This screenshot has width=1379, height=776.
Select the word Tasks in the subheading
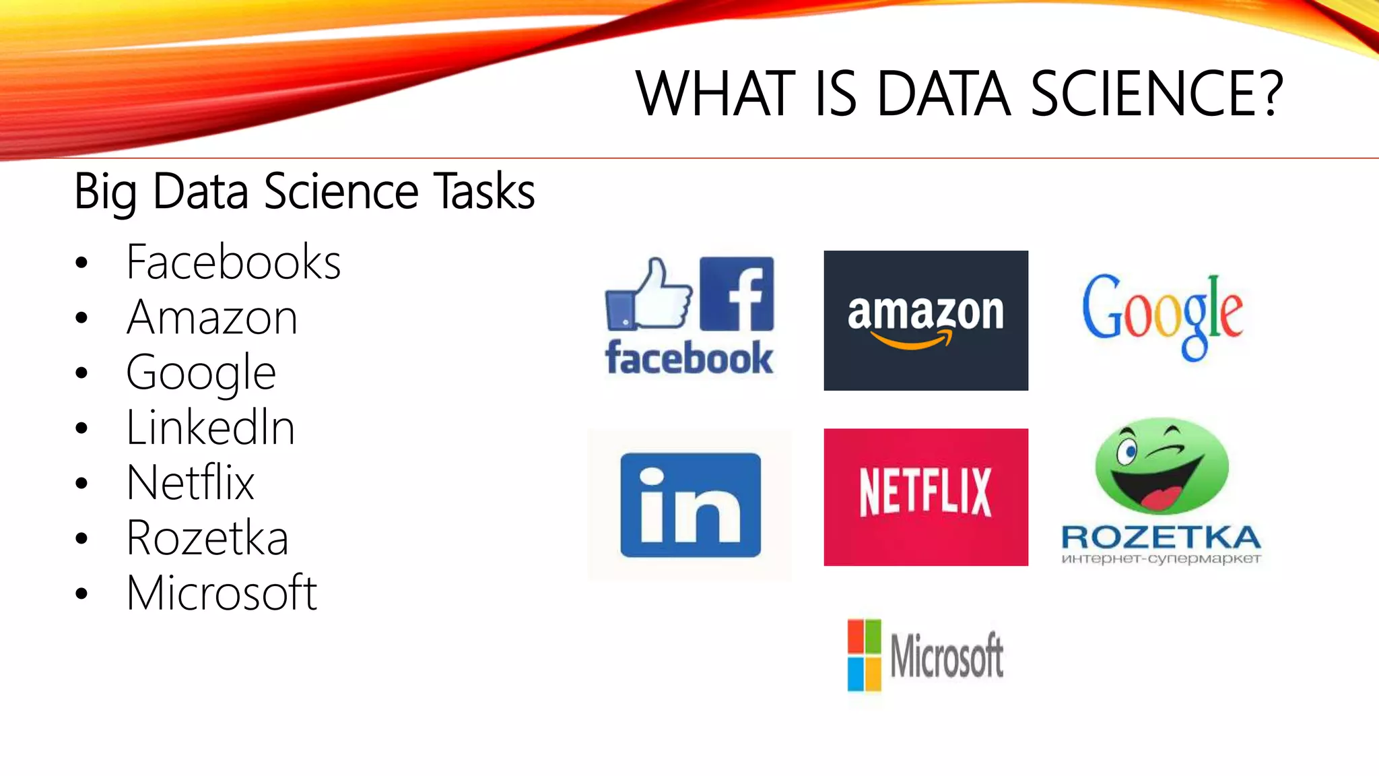483,192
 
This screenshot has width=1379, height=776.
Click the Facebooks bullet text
233,262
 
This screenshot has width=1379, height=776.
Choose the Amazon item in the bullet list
212,317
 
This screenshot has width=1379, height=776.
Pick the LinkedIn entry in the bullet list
211,428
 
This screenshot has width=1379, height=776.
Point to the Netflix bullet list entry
191,482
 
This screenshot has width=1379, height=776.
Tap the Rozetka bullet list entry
207,538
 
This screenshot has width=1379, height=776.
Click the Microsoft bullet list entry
222,593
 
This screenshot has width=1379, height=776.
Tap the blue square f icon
737,294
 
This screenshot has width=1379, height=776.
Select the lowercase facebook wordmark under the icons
689,358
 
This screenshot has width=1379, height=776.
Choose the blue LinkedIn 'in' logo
690,505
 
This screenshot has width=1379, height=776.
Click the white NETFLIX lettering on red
925,492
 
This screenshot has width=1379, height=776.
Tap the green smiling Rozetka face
1162,466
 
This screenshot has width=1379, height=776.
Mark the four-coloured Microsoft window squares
864,655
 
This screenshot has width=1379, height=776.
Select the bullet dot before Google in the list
82,373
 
